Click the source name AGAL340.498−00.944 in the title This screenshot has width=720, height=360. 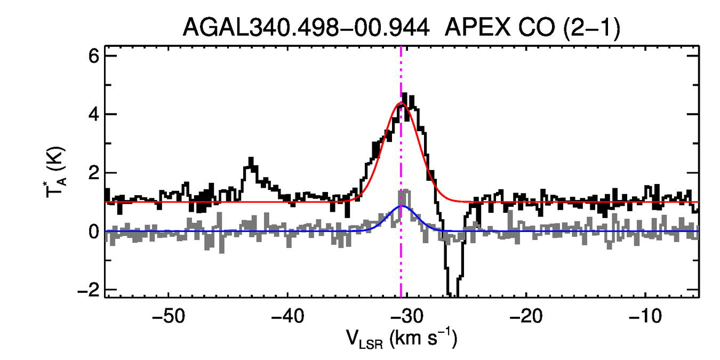306,27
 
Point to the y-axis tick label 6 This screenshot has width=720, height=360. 94,56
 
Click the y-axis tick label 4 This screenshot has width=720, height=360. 94,115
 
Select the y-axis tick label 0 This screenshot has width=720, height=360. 94,231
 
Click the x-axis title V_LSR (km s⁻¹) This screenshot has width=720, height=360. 402,338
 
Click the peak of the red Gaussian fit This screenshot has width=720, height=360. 401,103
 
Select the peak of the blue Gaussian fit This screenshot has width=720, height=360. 402,206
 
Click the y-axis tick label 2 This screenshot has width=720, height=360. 94,173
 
